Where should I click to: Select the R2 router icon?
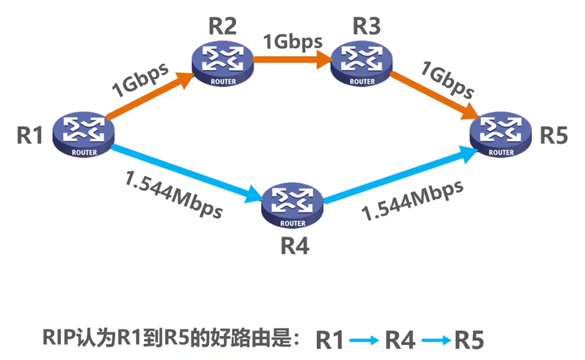(x=223, y=62)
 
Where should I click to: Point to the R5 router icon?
(x=501, y=134)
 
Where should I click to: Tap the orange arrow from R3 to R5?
(x=433, y=96)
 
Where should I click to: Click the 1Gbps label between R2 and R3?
(x=292, y=41)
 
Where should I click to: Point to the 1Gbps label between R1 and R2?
(x=140, y=80)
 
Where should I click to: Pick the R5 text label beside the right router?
(x=554, y=136)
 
